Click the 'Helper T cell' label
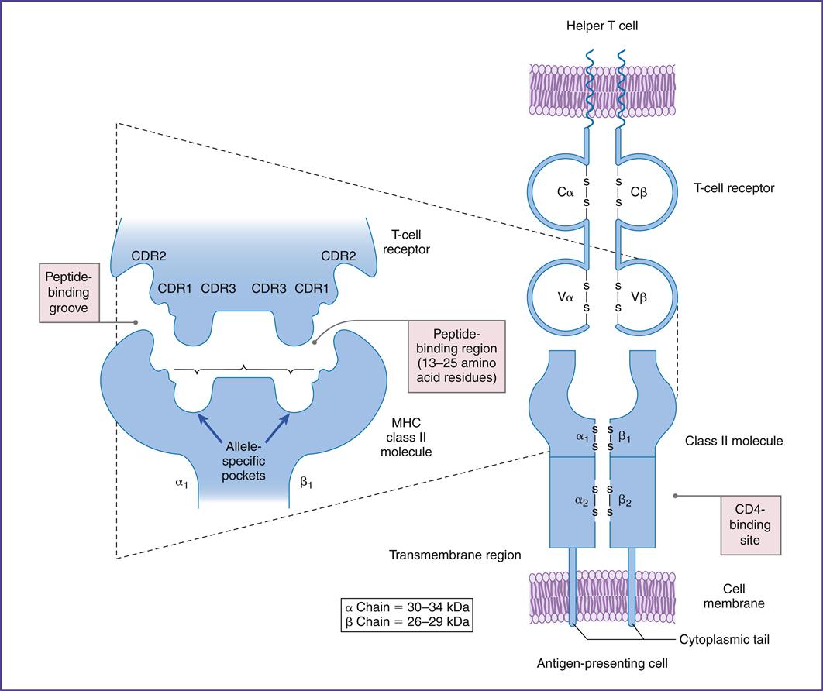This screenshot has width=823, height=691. [x=603, y=26]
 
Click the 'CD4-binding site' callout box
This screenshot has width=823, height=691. [x=752, y=524]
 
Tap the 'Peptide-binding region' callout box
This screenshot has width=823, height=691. [x=456, y=356]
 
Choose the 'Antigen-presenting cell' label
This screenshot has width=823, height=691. [x=603, y=664]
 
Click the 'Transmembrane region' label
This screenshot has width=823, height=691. [x=455, y=555]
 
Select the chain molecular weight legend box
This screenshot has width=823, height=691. [x=407, y=613]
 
